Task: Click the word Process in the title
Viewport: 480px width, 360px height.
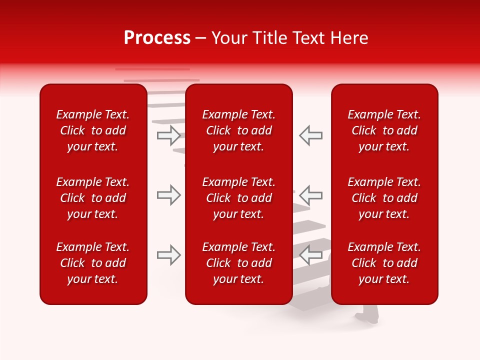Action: pyautogui.click(x=157, y=38)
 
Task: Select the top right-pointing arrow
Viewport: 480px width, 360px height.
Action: pyautogui.click(x=169, y=135)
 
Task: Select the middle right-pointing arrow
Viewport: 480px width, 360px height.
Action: pyautogui.click(x=169, y=195)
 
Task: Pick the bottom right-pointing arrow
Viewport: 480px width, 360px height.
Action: pyautogui.click(x=169, y=255)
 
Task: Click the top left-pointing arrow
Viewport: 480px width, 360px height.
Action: pyautogui.click(x=310, y=135)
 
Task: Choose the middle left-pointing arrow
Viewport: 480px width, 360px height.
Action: pyautogui.click(x=310, y=195)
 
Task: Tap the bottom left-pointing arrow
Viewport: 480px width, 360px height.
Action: pyautogui.click(x=310, y=255)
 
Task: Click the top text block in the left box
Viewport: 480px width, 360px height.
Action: pyautogui.click(x=93, y=130)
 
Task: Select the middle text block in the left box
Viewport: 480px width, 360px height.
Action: pyautogui.click(x=93, y=198)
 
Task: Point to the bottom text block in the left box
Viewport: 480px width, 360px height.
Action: pyautogui.click(x=93, y=263)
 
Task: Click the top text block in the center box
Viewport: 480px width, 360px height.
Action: pyautogui.click(x=239, y=130)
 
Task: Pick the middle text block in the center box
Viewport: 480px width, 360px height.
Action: pyautogui.click(x=239, y=198)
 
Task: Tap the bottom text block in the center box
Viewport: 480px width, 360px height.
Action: pyautogui.click(x=239, y=263)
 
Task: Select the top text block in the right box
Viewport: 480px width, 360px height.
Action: pyautogui.click(x=384, y=130)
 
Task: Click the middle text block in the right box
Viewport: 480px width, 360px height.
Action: pyautogui.click(x=384, y=198)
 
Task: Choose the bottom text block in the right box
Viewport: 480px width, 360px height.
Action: pyautogui.click(x=384, y=263)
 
